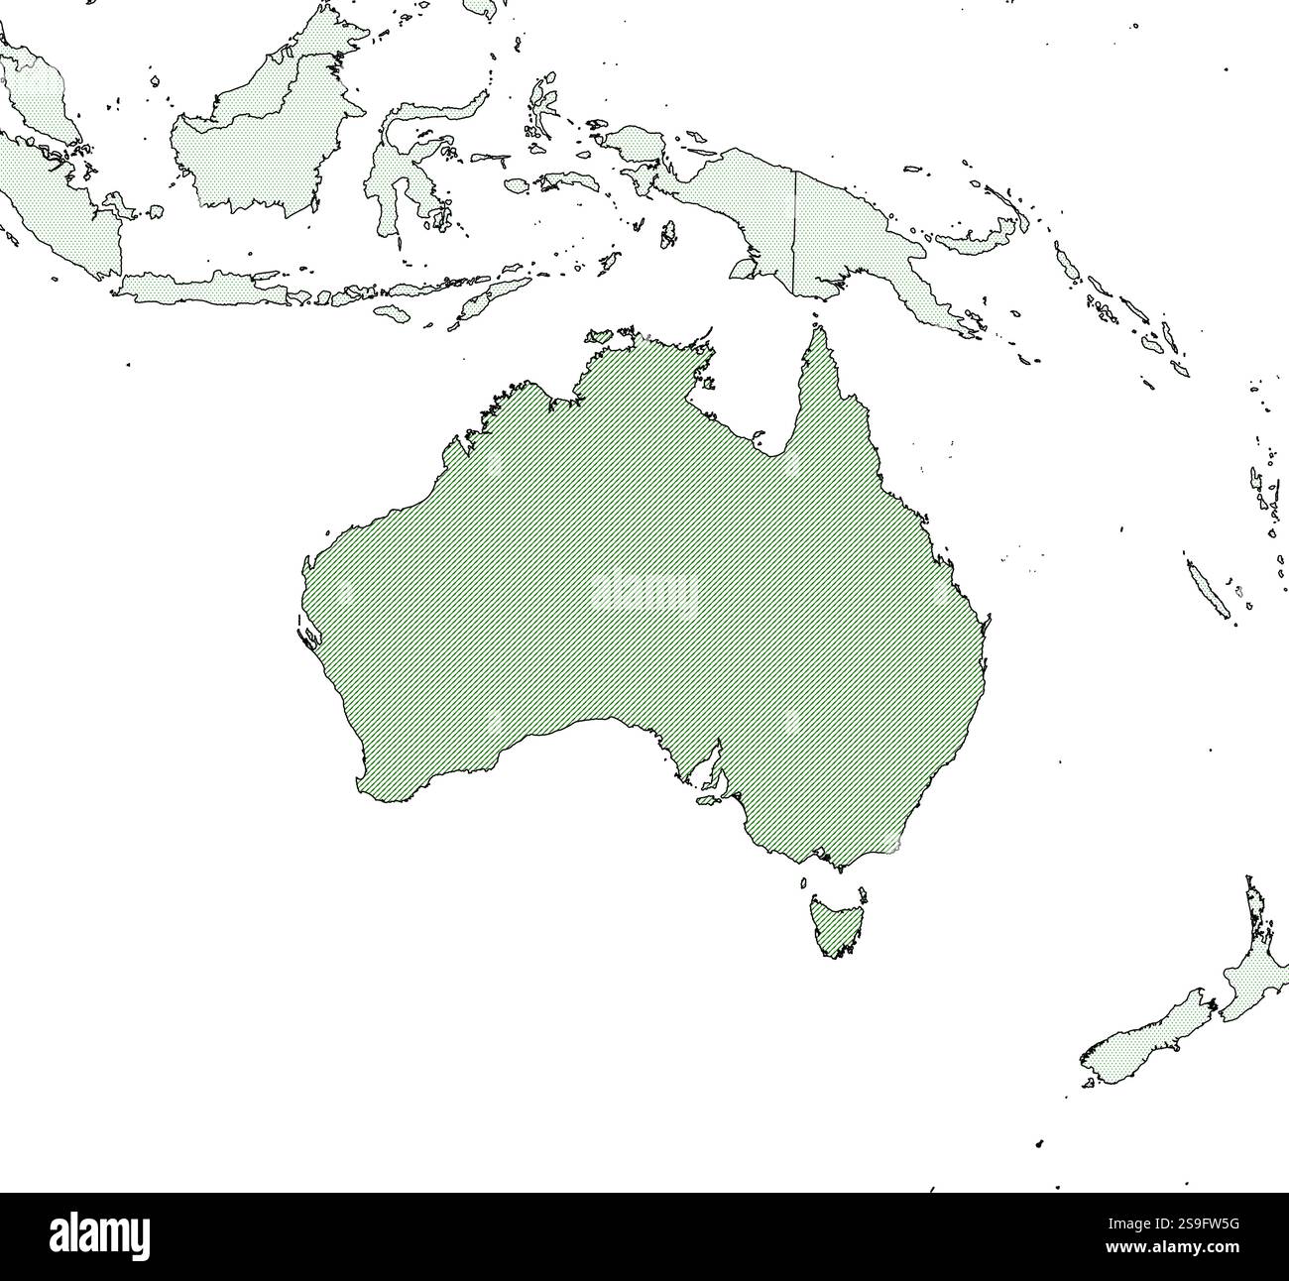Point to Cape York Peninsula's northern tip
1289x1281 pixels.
pos(818,328)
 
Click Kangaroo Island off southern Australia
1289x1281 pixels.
pos(707,799)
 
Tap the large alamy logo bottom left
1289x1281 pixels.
pos(99,1236)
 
